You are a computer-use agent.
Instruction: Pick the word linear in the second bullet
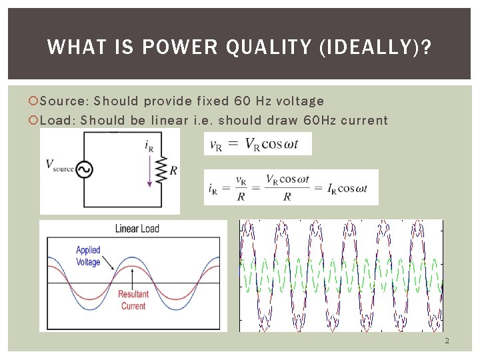click(x=170, y=121)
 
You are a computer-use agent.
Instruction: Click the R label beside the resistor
click(x=173, y=170)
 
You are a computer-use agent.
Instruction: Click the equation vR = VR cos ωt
click(x=257, y=143)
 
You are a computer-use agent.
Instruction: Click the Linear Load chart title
click(x=137, y=229)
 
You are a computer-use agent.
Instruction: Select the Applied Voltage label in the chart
click(x=88, y=256)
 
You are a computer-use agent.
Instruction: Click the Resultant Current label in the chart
click(x=133, y=300)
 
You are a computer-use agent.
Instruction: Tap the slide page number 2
click(x=447, y=341)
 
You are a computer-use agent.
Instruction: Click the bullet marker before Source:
click(x=35, y=101)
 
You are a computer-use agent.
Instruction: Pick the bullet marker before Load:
click(x=35, y=121)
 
